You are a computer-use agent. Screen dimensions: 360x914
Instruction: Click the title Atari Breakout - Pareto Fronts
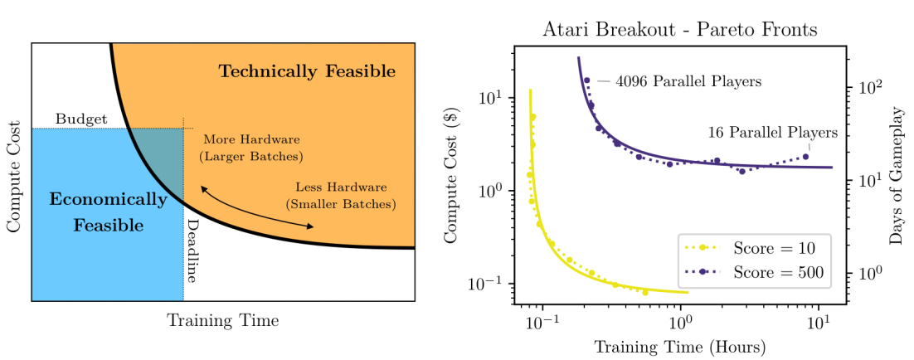click(679, 31)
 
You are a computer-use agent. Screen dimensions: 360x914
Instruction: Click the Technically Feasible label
click(307, 71)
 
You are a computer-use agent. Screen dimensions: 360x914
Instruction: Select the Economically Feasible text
click(108, 212)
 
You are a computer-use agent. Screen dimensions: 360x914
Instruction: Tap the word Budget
click(81, 119)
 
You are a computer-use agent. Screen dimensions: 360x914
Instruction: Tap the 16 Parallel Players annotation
click(772, 132)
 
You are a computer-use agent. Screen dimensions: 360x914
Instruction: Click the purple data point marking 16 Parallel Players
click(805, 156)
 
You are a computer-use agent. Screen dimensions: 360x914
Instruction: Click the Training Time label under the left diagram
click(222, 320)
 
